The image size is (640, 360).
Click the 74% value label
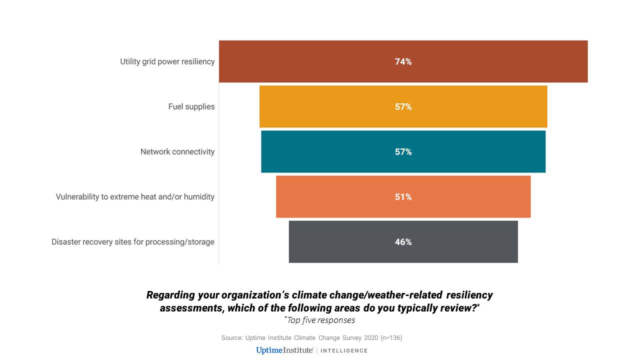point(403,62)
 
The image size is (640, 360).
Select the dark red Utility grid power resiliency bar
point(500,61)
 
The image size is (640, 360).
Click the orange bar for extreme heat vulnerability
point(475,196)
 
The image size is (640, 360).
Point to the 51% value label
point(403,197)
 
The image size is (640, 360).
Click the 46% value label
point(403,242)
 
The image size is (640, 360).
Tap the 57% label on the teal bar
point(403,152)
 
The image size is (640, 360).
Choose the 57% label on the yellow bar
point(403,107)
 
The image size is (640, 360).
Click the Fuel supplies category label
point(191,106)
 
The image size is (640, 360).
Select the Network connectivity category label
point(177,151)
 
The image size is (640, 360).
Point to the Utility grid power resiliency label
point(167,61)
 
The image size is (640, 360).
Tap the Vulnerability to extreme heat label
point(135,196)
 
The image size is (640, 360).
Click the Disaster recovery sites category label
point(133,242)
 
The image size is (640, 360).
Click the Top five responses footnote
point(320,320)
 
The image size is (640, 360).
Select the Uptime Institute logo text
point(284,350)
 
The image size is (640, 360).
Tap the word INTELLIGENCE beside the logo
point(344,350)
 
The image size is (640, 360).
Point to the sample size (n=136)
point(391,338)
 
